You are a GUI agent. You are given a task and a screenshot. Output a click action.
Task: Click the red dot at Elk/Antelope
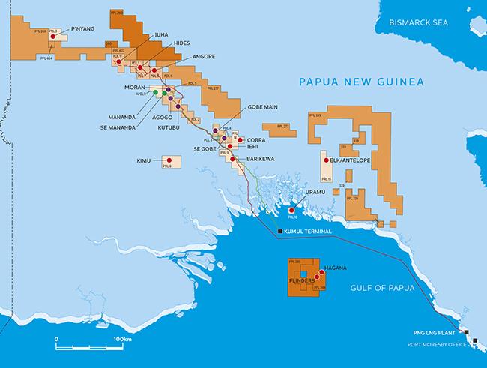326,160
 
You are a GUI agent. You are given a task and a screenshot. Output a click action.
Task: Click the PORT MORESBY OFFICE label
431,345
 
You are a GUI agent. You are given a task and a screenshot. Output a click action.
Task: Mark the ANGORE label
204,56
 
